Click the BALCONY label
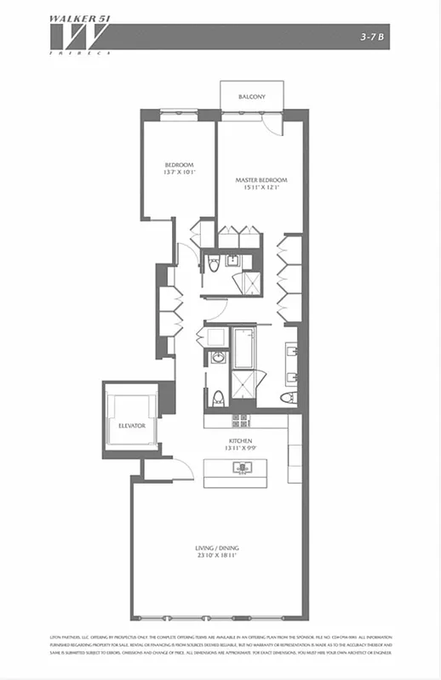pos(251,97)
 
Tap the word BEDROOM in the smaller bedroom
pos(180,164)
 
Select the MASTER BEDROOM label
pos(261,180)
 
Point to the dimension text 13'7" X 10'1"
pos(180,173)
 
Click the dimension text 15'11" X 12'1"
pos(261,189)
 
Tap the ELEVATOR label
pos(132,424)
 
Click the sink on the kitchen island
pos(238,467)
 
